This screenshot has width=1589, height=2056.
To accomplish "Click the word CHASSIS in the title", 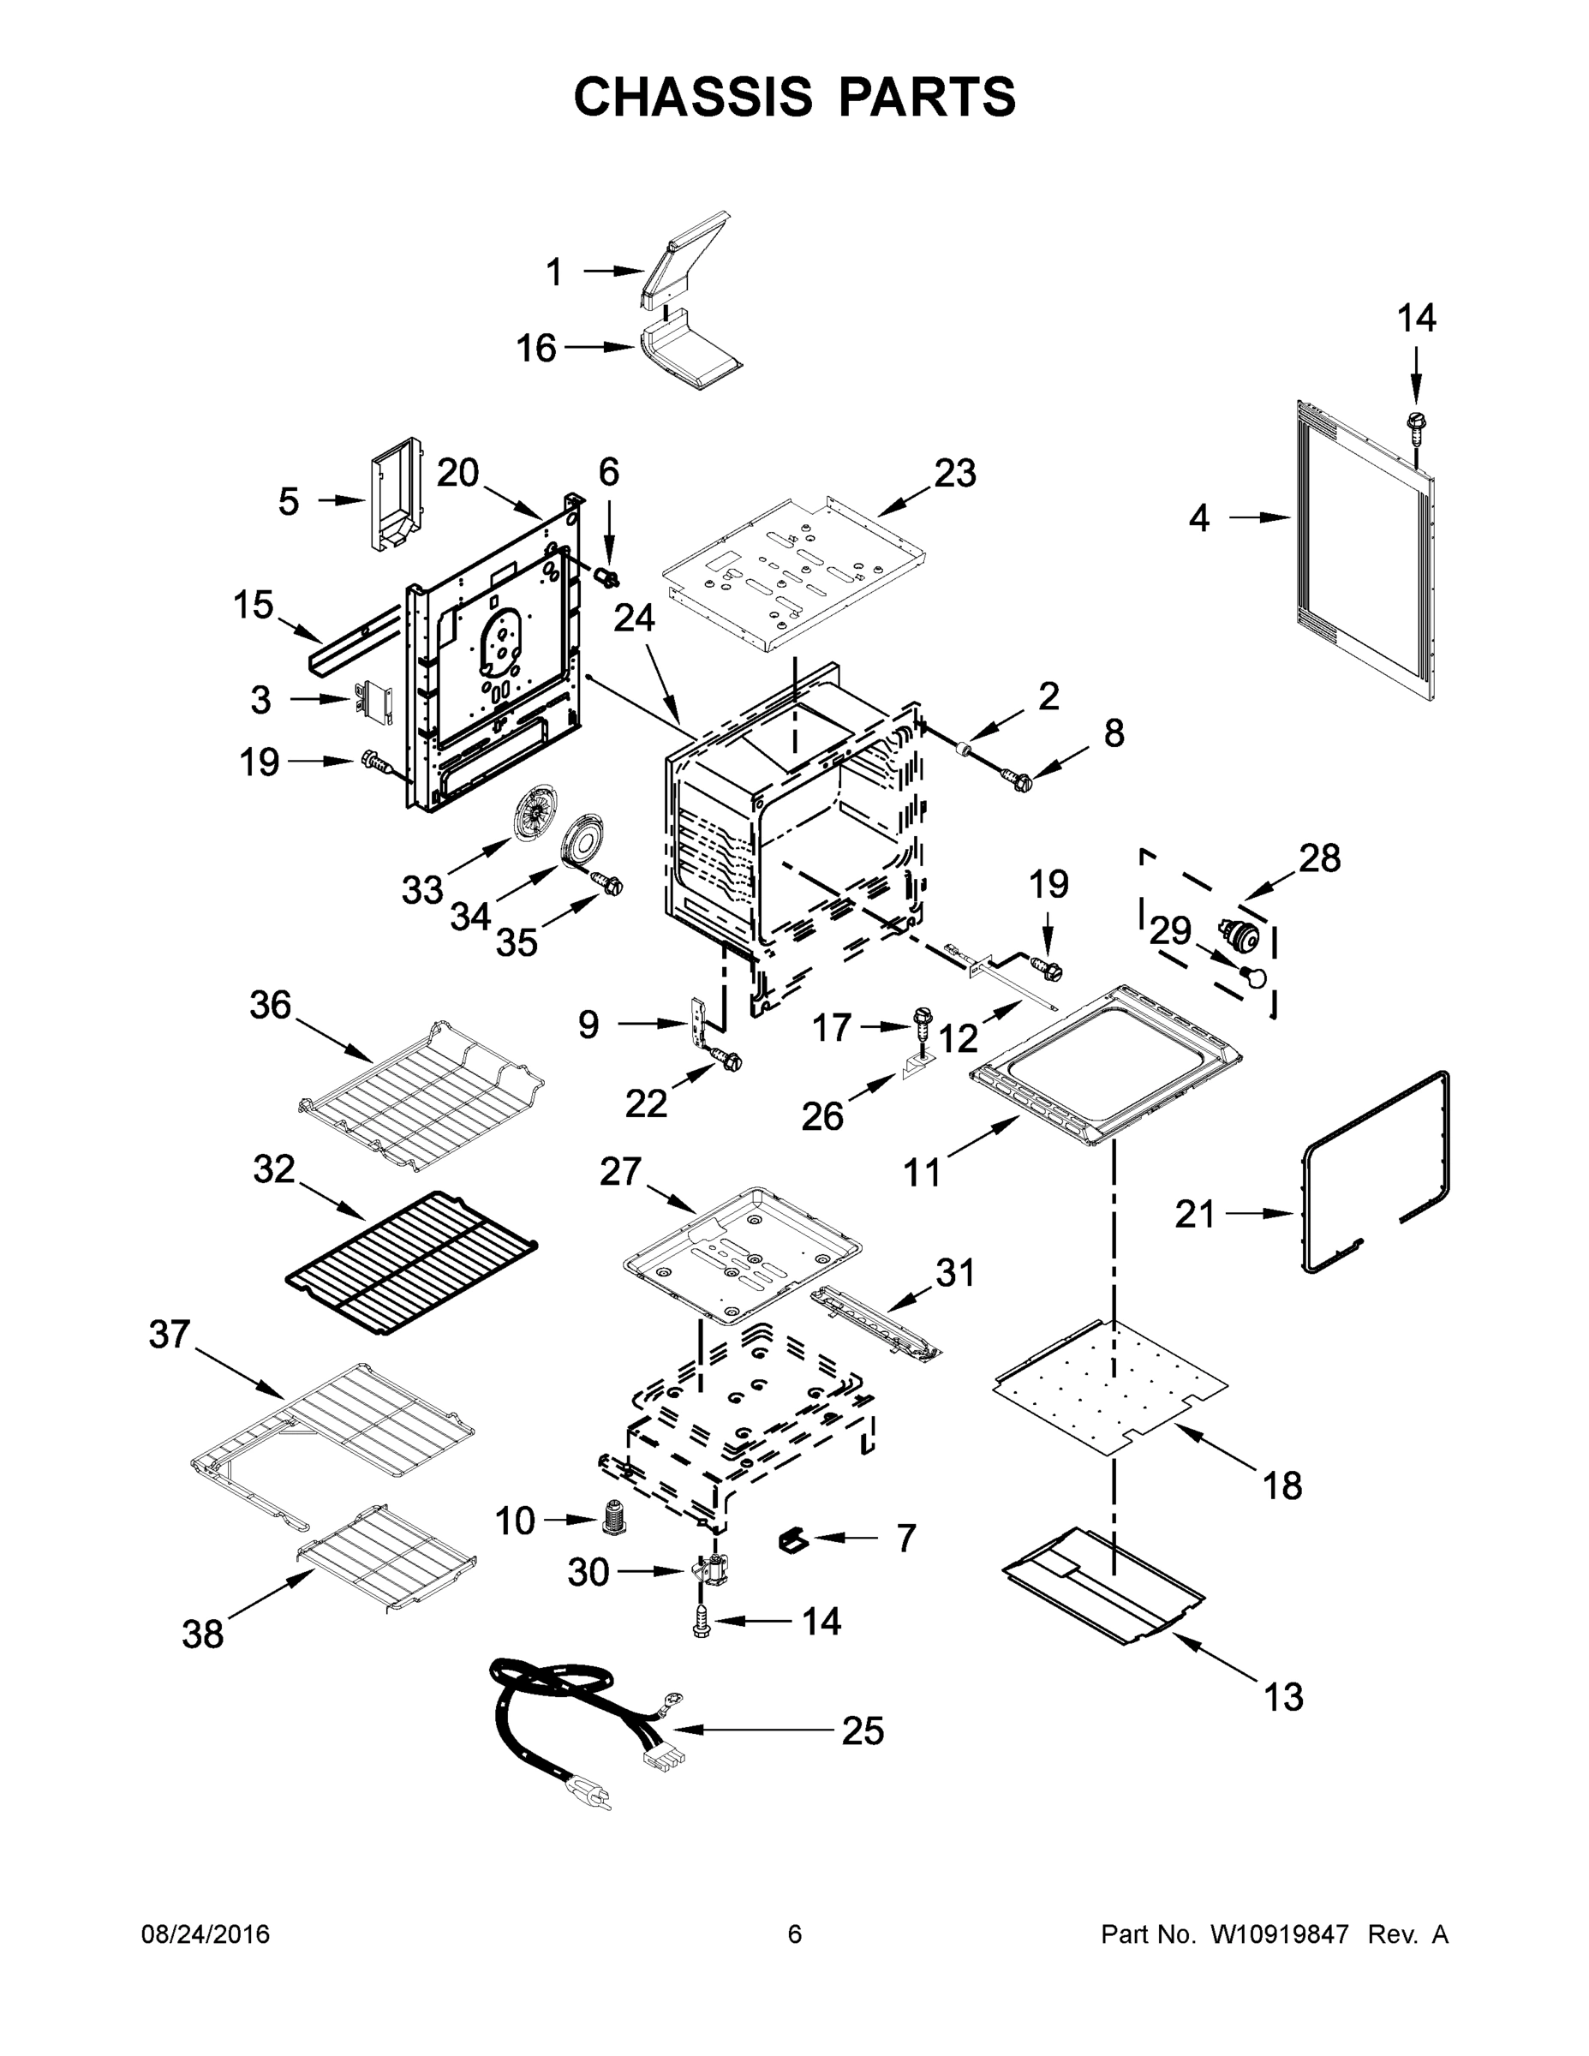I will pyautogui.click(x=693, y=97).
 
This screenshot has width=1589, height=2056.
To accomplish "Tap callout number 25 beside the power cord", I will pyautogui.click(x=863, y=1730).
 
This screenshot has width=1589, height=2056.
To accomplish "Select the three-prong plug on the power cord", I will pyautogui.click(x=591, y=1796).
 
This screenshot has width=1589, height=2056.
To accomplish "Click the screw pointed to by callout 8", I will pyautogui.click(x=1017, y=779).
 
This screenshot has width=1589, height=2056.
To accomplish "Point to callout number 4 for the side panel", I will pyautogui.click(x=1198, y=517).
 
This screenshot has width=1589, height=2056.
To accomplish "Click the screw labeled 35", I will pyautogui.click(x=609, y=884).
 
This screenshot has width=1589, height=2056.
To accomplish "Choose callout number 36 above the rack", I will pyautogui.click(x=270, y=1006).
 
